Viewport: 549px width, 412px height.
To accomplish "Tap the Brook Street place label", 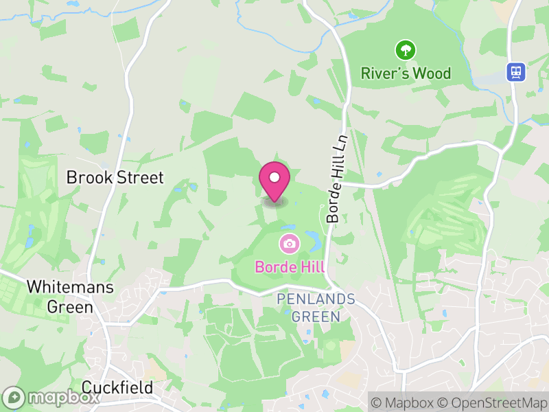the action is tap(115, 178).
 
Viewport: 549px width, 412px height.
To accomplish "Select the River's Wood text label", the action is tap(406, 73).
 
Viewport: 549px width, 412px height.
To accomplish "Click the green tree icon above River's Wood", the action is tap(406, 49).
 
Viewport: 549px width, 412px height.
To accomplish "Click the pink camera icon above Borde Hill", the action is tap(289, 243).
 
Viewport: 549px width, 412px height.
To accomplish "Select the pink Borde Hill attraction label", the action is tap(290, 266).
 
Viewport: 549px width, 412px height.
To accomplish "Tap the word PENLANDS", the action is tap(316, 299).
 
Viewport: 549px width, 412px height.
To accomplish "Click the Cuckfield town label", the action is tap(117, 388).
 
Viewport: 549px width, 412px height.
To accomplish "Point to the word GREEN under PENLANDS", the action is tap(316, 317).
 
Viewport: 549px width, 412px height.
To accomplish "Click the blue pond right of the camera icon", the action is tap(312, 240).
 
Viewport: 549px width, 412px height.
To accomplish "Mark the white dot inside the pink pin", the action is tap(274, 178).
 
